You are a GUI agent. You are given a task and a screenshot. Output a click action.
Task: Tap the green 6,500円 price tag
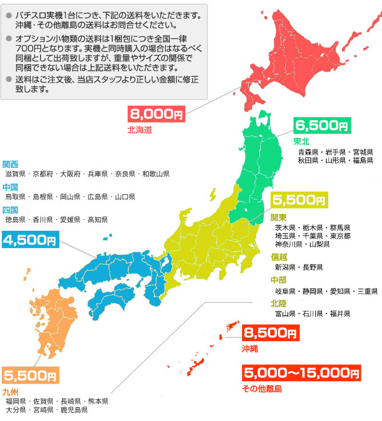[x=321, y=125]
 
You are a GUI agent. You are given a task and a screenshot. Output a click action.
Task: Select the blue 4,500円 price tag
[x=30, y=239]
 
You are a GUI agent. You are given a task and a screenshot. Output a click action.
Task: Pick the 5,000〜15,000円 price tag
[x=301, y=373]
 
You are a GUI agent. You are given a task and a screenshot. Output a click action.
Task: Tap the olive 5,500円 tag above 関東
[x=299, y=200]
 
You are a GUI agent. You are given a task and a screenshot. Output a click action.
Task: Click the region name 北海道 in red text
[x=140, y=131]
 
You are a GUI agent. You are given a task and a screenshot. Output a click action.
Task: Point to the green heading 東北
[x=301, y=141]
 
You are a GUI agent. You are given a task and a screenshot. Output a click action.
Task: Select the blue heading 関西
[x=10, y=164]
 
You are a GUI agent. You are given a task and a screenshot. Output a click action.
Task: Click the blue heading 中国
[x=10, y=187]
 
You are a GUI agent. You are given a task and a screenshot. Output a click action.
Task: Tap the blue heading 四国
[x=10, y=210]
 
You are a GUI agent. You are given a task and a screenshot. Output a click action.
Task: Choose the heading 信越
[x=278, y=257]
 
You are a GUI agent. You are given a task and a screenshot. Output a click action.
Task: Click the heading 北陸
[x=278, y=303]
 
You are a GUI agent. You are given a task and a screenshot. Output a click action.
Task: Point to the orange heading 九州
[x=10, y=392]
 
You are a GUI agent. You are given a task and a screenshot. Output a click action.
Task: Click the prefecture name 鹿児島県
[x=74, y=410]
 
